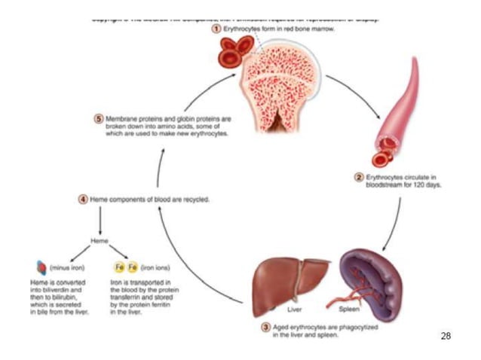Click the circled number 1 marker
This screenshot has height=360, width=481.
click(216, 29)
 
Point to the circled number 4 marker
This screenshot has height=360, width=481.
click(84, 200)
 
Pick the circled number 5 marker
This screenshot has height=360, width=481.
click(99, 119)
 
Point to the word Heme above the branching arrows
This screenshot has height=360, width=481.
click(100, 240)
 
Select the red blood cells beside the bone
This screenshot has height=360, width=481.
click(234, 53)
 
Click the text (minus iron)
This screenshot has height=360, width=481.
click(66, 267)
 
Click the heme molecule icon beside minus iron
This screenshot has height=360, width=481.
click(41, 267)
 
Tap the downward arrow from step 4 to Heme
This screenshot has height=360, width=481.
click(100, 221)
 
